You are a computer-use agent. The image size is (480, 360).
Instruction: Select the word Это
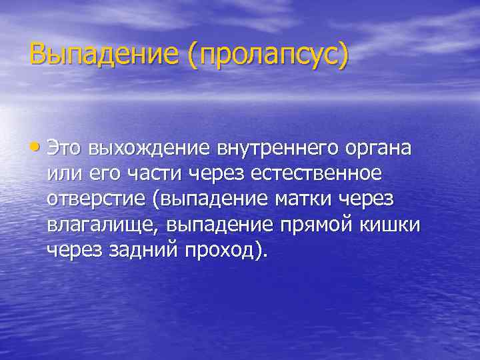pos(67,148)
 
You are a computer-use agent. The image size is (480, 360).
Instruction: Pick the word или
pos(61,174)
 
